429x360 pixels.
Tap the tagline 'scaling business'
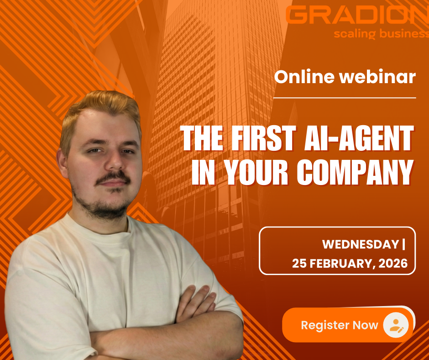(382, 34)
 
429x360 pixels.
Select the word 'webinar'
(378, 77)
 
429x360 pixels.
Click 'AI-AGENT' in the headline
(359, 138)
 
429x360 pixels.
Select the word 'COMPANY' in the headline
(355, 172)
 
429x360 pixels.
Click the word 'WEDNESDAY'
(361, 244)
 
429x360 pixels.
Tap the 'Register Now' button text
(340, 325)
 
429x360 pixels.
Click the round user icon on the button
(396, 325)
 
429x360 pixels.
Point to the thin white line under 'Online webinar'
(345, 97)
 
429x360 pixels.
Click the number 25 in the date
(299, 263)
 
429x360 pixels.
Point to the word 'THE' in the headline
(202, 138)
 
